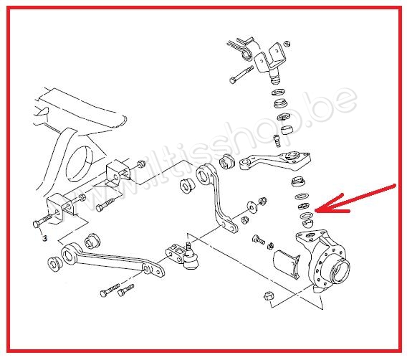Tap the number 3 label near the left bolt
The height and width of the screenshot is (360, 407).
pos(44,237)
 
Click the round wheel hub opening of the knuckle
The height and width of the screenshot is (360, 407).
pos(339,272)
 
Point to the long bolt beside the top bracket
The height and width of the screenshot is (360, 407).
pos(240,75)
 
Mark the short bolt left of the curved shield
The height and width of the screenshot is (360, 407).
pos(259,240)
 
